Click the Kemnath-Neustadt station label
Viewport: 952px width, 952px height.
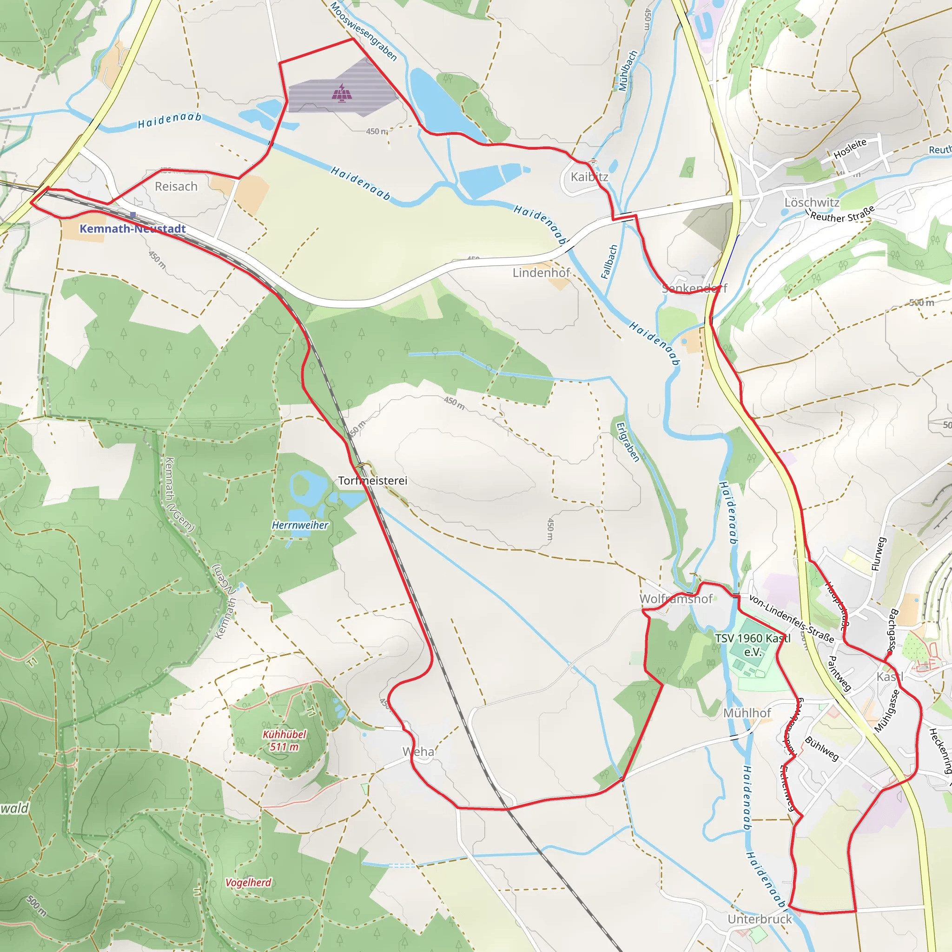(132, 229)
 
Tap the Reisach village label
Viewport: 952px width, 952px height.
(176, 186)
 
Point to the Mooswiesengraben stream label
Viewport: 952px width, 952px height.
(363, 31)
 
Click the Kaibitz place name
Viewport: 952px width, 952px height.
(589, 177)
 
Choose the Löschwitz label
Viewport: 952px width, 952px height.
(812, 203)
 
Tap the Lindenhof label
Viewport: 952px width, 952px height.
(541, 272)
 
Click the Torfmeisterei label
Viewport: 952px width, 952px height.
(372, 481)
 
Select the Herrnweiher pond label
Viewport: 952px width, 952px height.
(300, 525)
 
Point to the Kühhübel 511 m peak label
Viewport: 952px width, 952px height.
(284, 740)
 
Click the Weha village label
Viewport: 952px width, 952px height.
(418, 752)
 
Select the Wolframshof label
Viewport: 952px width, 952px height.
(675, 599)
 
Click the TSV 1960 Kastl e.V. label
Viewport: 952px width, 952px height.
(753, 645)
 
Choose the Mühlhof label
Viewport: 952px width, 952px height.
(747, 713)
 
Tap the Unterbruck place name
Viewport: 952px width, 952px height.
(760, 919)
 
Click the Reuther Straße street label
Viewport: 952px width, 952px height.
(842, 213)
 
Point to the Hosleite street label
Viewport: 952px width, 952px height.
(850, 149)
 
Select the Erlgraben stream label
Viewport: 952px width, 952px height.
(628, 442)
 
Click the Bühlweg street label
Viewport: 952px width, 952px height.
(821, 748)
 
